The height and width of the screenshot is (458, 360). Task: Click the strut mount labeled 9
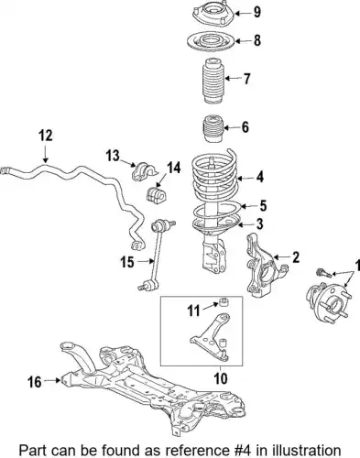(213, 13)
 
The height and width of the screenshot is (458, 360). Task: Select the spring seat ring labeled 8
(211, 41)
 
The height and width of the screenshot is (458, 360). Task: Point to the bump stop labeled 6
(213, 127)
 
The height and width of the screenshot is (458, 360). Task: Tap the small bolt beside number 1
(324, 273)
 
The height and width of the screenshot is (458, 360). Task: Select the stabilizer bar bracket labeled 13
(141, 171)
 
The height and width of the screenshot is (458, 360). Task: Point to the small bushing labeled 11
(224, 302)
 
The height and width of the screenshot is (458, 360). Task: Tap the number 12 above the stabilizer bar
(46, 136)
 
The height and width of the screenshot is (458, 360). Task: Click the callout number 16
(35, 382)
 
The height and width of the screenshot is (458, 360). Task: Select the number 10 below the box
(221, 378)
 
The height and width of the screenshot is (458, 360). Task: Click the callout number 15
(127, 262)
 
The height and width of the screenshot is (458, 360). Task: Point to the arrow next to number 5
(247, 206)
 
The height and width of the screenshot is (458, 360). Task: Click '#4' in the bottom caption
(242, 451)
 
